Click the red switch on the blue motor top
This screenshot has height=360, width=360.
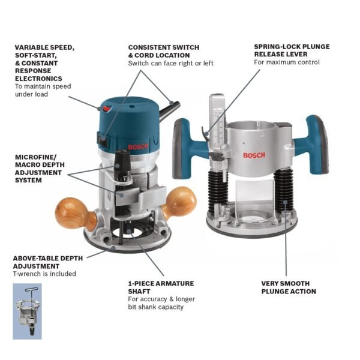(x=107, y=109)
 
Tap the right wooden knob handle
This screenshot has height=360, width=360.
(x=181, y=202)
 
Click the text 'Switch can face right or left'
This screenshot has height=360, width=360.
(x=170, y=63)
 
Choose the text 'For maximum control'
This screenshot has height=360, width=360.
(x=286, y=62)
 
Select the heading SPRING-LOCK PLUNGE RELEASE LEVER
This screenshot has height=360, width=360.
(x=291, y=50)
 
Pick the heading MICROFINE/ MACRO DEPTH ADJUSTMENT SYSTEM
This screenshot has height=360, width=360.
(x=40, y=168)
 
